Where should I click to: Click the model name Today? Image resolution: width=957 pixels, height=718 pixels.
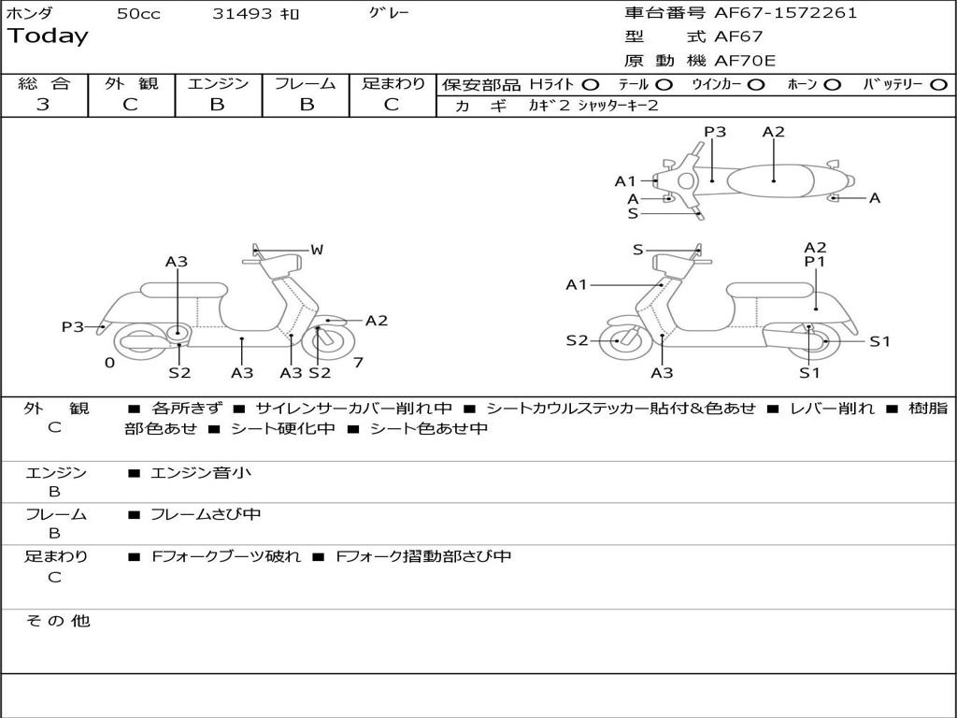(x=48, y=36)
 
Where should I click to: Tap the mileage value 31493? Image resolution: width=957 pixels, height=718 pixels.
(x=242, y=14)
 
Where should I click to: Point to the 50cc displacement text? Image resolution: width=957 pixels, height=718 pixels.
(x=138, y=14)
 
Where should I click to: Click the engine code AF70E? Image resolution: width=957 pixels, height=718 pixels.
(x=745, y=61)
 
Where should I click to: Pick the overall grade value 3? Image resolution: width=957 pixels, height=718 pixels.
(x=43, y=105)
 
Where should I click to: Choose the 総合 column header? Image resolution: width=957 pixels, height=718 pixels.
(x=44, y=83)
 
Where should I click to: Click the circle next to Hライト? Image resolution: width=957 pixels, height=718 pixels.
(x=591, y=84)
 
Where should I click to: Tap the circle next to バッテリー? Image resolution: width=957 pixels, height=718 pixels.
(x=938, y=84)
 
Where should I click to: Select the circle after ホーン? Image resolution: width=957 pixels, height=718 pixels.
(x=832, y=84)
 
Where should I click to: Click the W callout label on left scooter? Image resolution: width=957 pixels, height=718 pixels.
(x=317, y=250)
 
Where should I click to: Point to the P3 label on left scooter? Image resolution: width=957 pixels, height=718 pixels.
(x=73, y=327)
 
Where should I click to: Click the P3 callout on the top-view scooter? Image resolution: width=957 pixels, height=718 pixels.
(x=715, y=132)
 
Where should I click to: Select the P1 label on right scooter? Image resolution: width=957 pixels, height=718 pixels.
(x=815, y=263)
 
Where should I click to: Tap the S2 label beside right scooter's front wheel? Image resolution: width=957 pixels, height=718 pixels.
(x=578, y=340)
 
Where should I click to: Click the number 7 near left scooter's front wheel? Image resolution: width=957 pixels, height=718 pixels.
(x=358, y=363)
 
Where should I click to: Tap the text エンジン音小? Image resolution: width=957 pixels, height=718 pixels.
(x=201, y=473)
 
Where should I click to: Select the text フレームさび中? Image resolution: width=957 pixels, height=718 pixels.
(x=206, y=514)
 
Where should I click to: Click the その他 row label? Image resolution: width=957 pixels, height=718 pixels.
(x=57, y=621)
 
